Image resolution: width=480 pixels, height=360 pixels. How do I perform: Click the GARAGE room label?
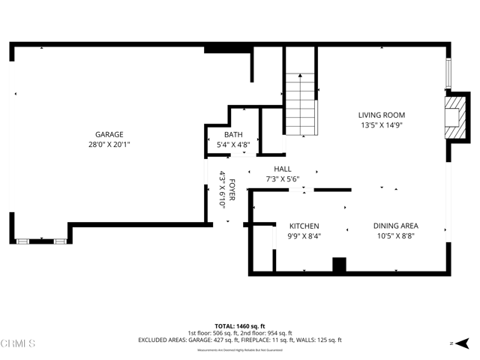[x=109, y=134]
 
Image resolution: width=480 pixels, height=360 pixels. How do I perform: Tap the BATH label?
[x=232, y=135]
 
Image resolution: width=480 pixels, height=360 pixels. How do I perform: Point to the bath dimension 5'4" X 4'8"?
[x=232, y=145]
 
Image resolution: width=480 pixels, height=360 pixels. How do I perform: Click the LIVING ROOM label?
[x=382, y=115]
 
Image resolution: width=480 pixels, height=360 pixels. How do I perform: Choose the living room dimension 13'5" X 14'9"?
[x=382, y=125]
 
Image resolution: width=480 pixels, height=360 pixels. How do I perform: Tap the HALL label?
[x=282, y=169]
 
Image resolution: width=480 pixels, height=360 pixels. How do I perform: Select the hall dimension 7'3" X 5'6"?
[x=282, y=180]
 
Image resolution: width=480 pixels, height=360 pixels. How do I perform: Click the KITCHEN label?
[x=304, y=226]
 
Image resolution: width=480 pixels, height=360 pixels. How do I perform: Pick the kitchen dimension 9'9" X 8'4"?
[x=304, y=236]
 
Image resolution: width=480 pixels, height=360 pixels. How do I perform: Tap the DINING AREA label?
[x=396, y=226]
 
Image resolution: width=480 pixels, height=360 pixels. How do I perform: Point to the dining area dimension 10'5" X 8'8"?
[x=396, y=236]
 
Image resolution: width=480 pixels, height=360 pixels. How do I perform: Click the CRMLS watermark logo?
[x=18, y=344]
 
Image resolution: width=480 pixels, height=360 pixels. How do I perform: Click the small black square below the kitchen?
[x=339, y=265]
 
